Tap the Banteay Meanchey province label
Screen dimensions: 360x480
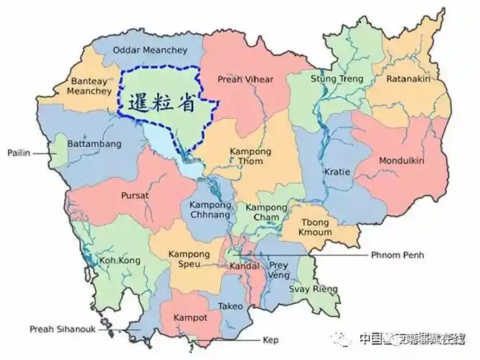(89, 86)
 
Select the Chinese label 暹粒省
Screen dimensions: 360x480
(161, 103)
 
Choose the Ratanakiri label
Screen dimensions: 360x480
(408, 78)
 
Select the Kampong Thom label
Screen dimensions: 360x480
(250, 156)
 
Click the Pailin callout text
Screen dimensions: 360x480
(18, 153)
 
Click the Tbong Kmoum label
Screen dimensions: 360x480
(316, 228)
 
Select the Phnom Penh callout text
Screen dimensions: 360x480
(398, 255)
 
